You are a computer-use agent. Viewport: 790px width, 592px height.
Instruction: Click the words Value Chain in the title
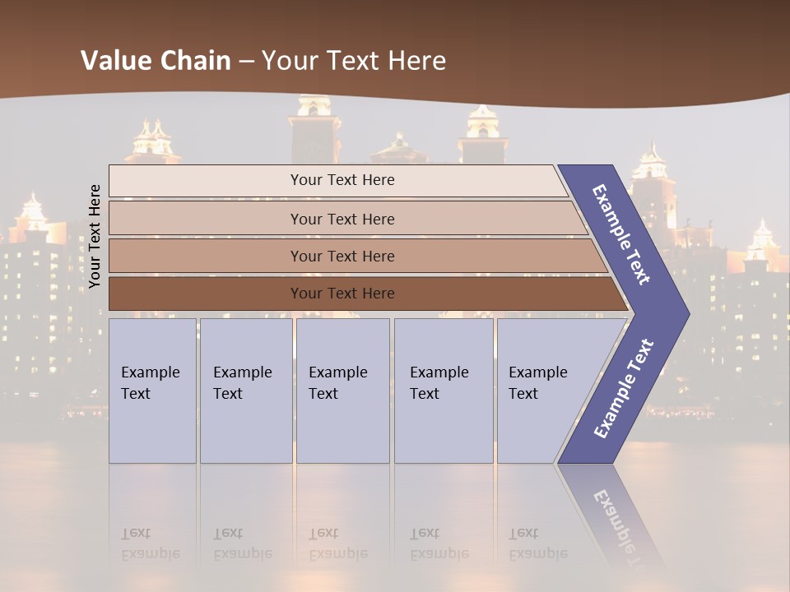[x=156, y=61]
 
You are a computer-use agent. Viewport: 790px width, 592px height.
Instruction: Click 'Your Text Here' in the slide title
[x=354, y=61]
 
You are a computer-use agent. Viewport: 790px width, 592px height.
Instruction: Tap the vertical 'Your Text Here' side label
[x=95, y=236]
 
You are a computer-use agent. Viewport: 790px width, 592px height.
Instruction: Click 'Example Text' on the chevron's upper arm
[x=621, y=234]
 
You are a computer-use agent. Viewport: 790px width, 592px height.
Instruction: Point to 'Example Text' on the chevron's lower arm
[x=623, y=389]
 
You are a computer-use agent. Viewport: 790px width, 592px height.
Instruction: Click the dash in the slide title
[x=246, y=62]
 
